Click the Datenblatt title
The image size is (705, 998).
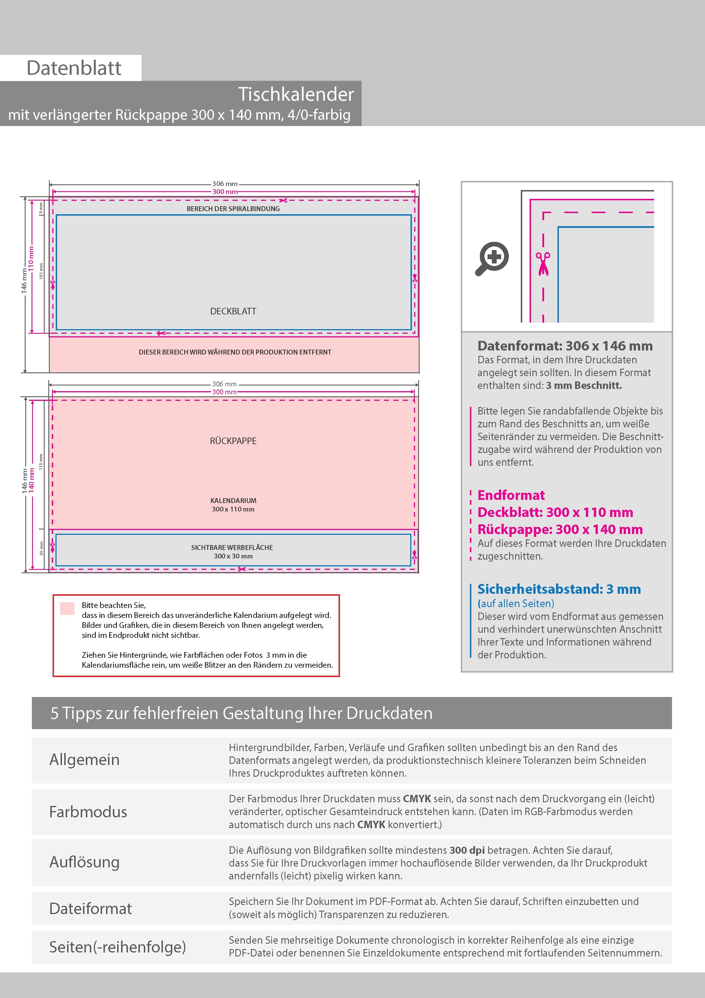(74, 68)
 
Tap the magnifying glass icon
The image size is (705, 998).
(492, 259)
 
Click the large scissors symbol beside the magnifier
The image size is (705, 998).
(543, 264)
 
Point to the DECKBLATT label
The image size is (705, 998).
(233, 311)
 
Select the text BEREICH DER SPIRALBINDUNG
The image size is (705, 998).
(233, 209)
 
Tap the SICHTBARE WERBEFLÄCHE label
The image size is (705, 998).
(232, 547)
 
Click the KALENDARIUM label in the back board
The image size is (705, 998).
(233, 500)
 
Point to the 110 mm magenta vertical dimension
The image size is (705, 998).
(31, 258)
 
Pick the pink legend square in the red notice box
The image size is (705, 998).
(67, 608)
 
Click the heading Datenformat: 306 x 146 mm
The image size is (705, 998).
(565, 346)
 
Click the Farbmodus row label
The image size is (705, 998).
(88, 812)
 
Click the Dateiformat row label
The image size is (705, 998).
(90, 908)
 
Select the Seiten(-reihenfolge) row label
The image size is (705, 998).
(117, 947)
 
